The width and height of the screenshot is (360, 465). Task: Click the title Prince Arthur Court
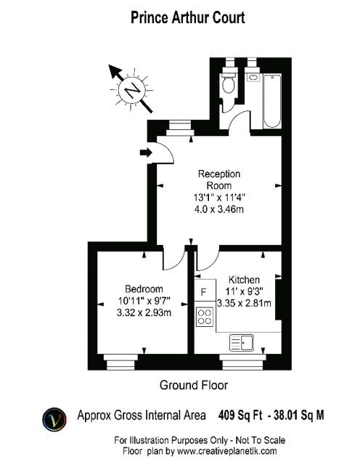188,17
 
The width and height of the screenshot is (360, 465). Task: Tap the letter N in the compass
132,90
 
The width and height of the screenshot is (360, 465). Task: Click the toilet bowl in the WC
229,84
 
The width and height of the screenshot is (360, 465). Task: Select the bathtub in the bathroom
272,101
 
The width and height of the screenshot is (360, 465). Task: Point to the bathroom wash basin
253,78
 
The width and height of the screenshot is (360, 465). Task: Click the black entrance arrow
146,153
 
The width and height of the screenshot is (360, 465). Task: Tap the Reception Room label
219,179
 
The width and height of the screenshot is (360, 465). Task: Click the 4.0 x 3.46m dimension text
219,210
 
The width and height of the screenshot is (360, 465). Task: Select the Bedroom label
144,289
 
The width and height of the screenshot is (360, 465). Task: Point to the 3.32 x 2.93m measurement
144,313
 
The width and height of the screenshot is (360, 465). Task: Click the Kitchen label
244,280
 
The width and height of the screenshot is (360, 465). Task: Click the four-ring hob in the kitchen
205,317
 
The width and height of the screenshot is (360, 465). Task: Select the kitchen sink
242,343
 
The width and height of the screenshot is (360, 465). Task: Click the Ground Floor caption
194,385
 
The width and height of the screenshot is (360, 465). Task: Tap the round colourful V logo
54,419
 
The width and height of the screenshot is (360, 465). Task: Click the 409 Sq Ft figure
240,415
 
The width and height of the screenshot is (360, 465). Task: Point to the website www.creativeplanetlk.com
226,451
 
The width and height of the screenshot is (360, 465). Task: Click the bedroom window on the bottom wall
120,362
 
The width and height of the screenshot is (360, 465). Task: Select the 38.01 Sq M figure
298,415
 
